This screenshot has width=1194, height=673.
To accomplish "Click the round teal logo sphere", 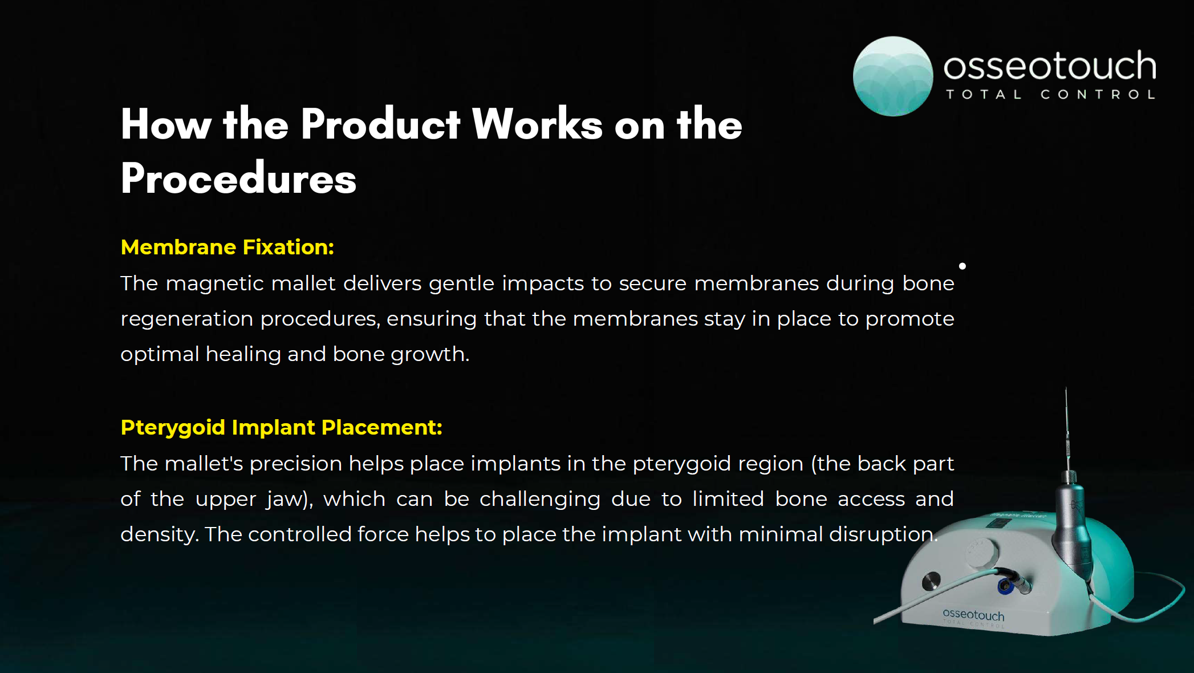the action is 893,76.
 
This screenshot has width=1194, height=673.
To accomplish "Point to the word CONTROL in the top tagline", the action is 1098,95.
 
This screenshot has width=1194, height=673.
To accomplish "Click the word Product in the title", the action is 380,124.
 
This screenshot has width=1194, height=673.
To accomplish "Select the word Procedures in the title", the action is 238,178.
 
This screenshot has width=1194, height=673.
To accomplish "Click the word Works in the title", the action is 537,124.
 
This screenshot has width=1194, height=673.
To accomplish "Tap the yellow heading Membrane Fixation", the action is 228,247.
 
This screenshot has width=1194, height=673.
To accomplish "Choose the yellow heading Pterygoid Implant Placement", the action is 282,427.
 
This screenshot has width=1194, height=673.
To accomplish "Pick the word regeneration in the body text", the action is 187,319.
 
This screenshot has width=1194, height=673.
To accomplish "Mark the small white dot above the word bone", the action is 962,266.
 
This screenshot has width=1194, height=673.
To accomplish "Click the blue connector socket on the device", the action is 1005,585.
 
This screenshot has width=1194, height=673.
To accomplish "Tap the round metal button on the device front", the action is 931,581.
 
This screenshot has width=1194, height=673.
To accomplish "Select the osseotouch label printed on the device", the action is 974,615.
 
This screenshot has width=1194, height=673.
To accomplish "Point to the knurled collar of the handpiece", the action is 1070,477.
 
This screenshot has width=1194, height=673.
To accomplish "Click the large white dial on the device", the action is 982,552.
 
